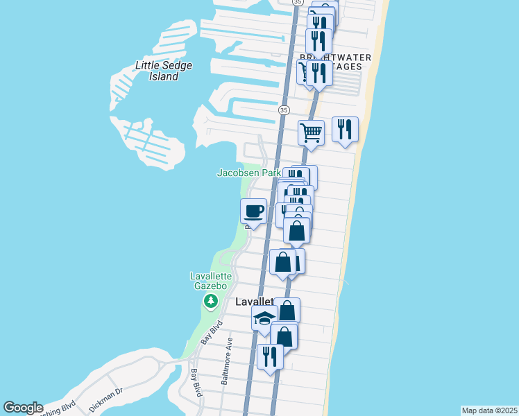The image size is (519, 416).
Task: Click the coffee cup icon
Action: pyautogui.click(x=253, y=211)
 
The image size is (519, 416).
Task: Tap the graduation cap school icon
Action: pyautogui.click(x=264, y=319)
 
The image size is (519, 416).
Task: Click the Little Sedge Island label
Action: pyautogui.click(x=164, y=71)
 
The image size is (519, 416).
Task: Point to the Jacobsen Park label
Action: pyautogui.click(x=249, y=172)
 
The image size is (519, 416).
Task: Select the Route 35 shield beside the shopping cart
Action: pyautogui.click(x=284, y=110)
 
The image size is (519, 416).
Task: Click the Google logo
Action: pyautogui.click(x=23, y=408)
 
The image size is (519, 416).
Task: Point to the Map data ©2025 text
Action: pyautogui.click(x=489, y=410)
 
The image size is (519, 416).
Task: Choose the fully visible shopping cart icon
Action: pyautogui.click(x=312, y=131)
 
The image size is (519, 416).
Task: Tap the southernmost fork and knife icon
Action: pyautogui.click(x=269, y=356)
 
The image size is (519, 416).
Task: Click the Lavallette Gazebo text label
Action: pyautogui.click(x=209, y=281)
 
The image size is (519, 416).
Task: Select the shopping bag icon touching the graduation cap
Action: pyautogui.click(x=287, y=311)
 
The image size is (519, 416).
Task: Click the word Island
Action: pyautogui.click(x=164, y=76)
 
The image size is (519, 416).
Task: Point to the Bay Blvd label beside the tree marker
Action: pyautogui.click(x=212, y=333)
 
